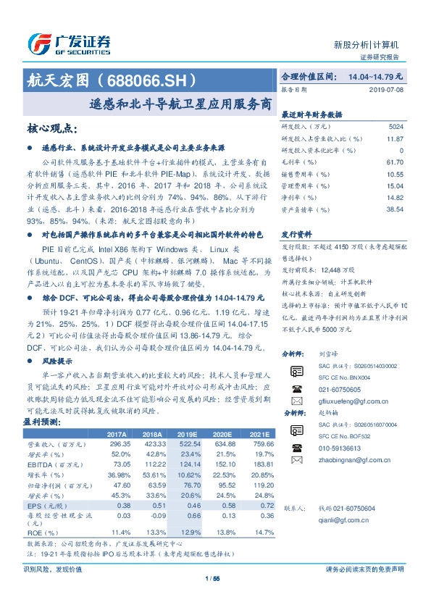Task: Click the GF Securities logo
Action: pyautogui.click(x=69, y=43)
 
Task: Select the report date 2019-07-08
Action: pyautogui.click(x=389, y=89)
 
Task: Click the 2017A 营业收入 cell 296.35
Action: pyautogui.click(x=119, y=443)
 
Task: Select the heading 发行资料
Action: pyautogui.click(x=296, y=235)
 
